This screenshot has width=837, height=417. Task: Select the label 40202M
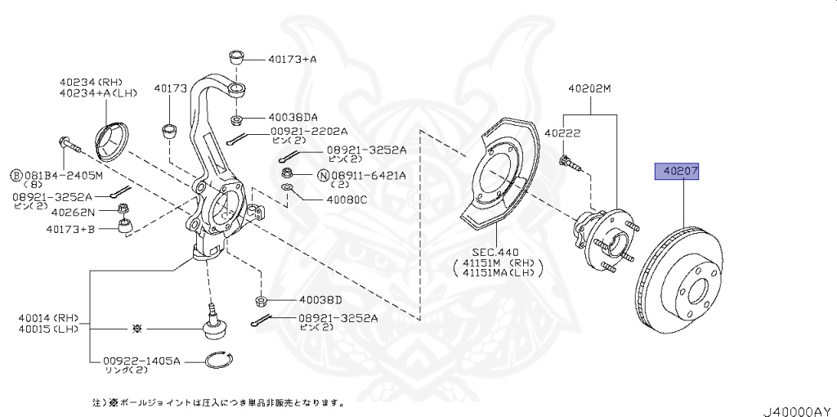point(589,87)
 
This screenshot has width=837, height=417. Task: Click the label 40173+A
point(291,59)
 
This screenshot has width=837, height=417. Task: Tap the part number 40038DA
point(292,117)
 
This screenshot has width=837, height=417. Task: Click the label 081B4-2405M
point(62,175)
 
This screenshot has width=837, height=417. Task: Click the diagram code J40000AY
point(797,407)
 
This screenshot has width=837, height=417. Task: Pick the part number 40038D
point(320,298)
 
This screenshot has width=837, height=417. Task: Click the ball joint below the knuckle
point(214,325)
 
